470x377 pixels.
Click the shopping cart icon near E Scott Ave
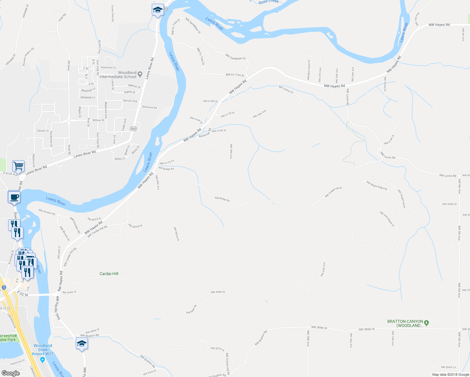19,166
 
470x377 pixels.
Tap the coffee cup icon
14,197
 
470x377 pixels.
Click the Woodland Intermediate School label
118,75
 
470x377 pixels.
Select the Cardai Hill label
109,274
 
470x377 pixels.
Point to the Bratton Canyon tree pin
426,323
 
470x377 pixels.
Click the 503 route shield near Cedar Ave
134,129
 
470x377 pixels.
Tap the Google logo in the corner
10,373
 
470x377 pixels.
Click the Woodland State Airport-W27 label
43,350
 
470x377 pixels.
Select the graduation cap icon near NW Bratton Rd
82,343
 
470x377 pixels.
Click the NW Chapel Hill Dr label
333,192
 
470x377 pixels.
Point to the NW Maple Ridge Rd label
377,185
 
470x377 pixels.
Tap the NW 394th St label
218,292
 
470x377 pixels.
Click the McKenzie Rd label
149,107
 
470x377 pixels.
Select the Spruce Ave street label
130,101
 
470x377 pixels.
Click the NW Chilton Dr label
286,90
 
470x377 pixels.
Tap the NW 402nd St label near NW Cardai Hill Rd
135,225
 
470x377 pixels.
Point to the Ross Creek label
269,2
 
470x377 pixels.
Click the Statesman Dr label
108,68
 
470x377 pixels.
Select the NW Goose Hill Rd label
228,364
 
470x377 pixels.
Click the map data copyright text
451,374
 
